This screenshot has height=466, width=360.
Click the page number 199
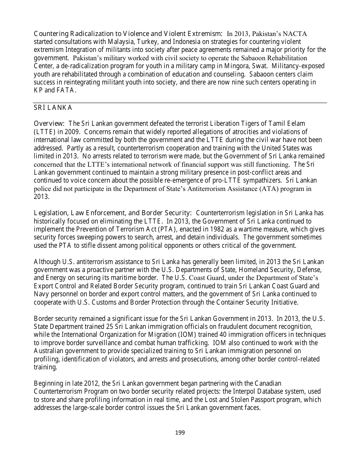click(x=180, y=432)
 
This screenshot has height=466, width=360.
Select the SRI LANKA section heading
click(x=53, y=108)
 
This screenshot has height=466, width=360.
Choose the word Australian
click(x=49, y=351)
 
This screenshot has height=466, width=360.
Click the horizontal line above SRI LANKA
click(x=180, y=103)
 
